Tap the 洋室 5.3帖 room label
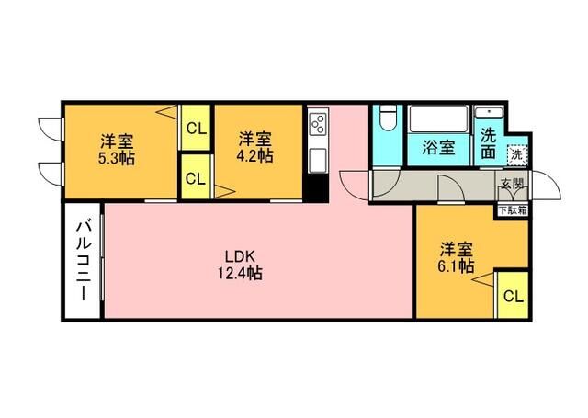click(x=118, y=149)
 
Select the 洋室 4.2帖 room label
click(x=255, y=147)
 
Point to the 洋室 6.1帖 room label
click(x=456, y=257)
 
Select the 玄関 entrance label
click(x=513, y=184)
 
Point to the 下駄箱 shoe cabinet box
click(x=513, y=209)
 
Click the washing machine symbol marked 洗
click(x=518, y=154)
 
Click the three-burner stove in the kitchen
click(x=319, y=123)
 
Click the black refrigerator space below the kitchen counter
click(x=318, y=188)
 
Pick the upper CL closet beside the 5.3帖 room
click(x=196, y=128)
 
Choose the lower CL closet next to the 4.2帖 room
click(x=195, y=178)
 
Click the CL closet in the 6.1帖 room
click(x=513, y=296)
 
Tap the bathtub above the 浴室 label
click(x=439, y=119)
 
